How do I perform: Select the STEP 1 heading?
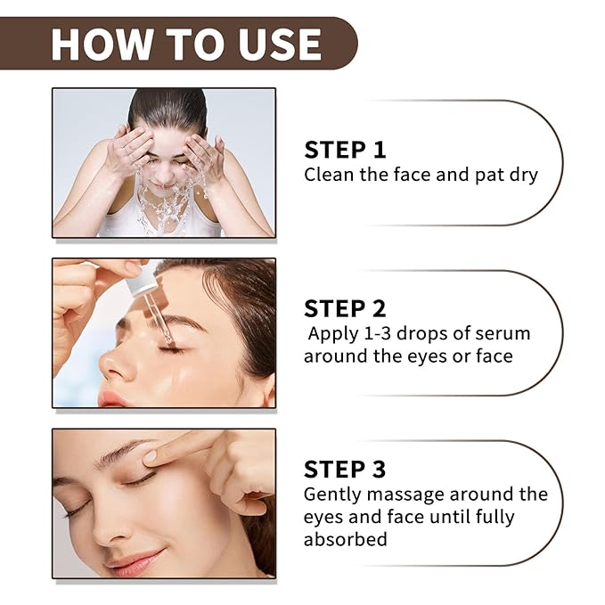(346, 150)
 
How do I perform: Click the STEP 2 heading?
(346, 309)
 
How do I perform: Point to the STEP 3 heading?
(346, 469)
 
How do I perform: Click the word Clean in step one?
(329, 175)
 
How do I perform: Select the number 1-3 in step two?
(380, 334)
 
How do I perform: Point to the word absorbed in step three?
(346, 540)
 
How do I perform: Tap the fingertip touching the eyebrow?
(151, 455)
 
